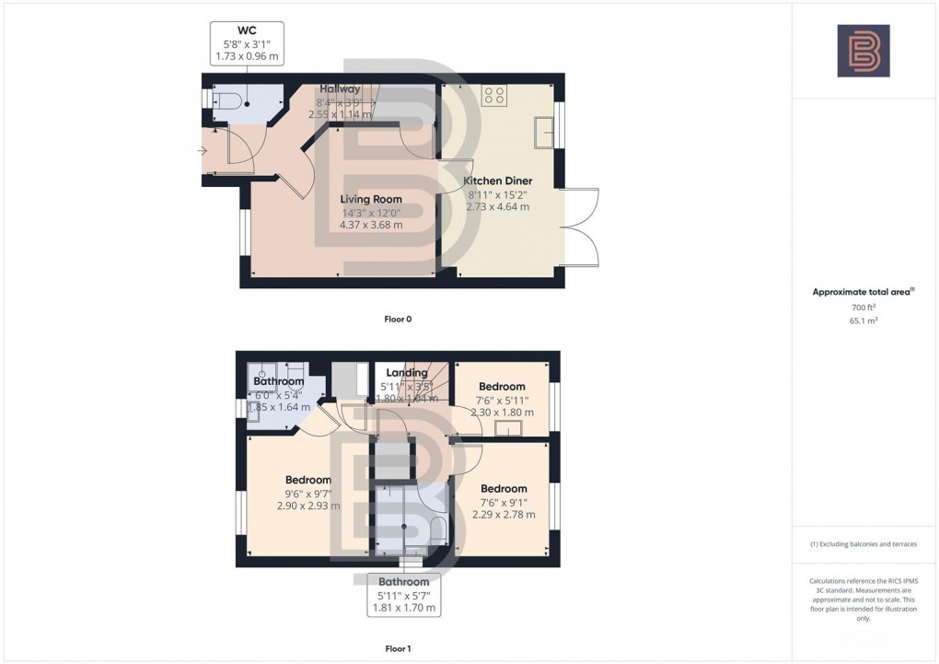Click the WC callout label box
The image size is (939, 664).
(247, 43)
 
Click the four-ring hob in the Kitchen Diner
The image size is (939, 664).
(493, 93)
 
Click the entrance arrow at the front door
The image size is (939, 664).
(203, 150)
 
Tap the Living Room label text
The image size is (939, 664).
(371, 199)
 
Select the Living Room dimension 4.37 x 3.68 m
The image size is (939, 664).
(371, 226)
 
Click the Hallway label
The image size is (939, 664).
(340, 88)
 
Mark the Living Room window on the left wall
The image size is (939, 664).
(244, 231)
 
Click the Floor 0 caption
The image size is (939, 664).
(398, 319)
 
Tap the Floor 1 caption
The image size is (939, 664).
(398, 648)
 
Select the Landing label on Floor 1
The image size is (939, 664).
(406, 373)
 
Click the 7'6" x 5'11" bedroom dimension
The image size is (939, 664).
(502, 400)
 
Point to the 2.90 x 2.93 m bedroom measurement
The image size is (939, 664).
(307, 506)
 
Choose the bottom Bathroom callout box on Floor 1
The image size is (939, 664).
(403, 595)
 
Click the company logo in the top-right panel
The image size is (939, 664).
(863, 51)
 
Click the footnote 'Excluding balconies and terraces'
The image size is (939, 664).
(863, 544)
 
